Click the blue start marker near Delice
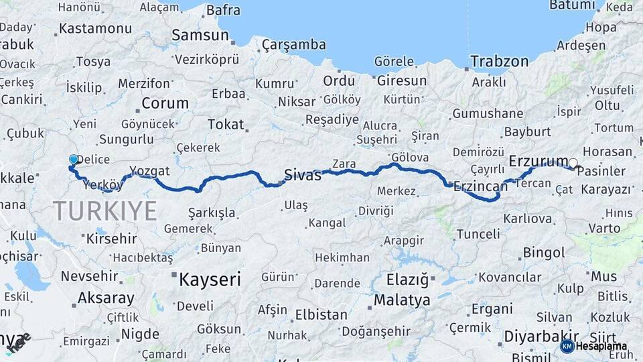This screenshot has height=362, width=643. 73,160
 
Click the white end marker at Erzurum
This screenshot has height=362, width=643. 573,162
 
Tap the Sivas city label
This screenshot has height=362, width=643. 303,176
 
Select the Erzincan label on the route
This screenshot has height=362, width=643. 480,186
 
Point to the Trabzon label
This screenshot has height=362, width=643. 499,62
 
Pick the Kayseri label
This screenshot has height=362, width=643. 210,280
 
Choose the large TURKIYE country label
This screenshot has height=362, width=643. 105,210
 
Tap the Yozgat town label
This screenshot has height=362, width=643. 149,170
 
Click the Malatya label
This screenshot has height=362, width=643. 402,300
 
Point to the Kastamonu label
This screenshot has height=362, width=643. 95,29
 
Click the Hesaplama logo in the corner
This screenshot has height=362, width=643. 595,346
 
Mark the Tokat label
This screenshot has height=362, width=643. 226,125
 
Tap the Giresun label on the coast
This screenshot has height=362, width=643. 402,80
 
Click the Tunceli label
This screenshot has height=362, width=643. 478,234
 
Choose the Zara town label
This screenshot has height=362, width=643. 344,164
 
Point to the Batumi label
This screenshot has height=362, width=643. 571,5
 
